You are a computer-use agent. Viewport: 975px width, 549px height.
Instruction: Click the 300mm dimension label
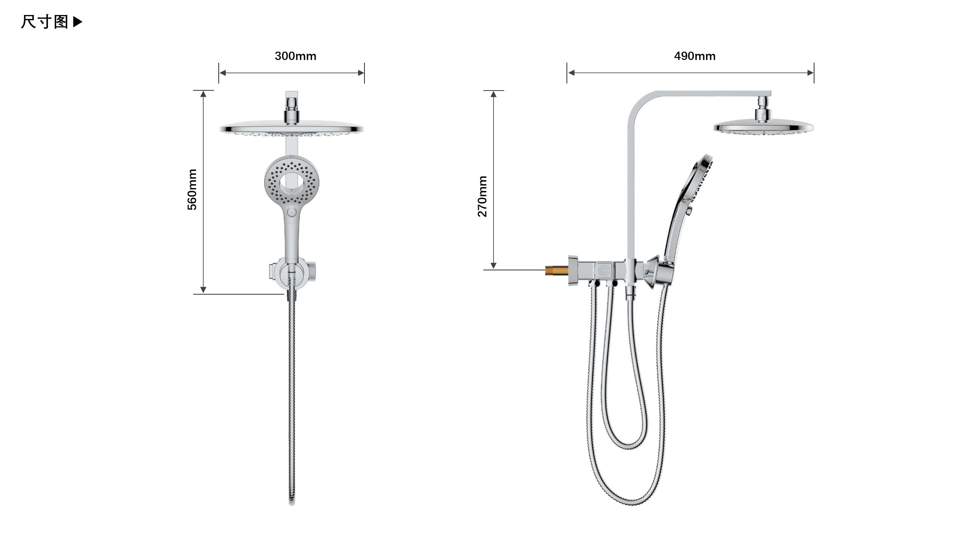point(295,56)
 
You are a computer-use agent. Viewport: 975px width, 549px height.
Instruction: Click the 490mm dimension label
point(694,56)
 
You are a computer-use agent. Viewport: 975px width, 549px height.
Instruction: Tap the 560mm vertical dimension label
point(192,189)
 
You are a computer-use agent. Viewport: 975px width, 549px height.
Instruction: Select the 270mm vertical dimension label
point(482,196)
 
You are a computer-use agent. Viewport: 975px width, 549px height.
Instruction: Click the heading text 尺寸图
point(44,22)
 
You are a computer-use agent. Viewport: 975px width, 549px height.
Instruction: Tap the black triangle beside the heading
point(77,22)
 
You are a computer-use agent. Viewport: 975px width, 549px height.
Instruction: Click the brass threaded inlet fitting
point(556,270)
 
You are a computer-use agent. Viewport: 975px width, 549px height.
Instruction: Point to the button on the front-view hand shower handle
point(291,212)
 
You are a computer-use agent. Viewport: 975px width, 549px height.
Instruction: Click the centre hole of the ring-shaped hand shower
point(291,182)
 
